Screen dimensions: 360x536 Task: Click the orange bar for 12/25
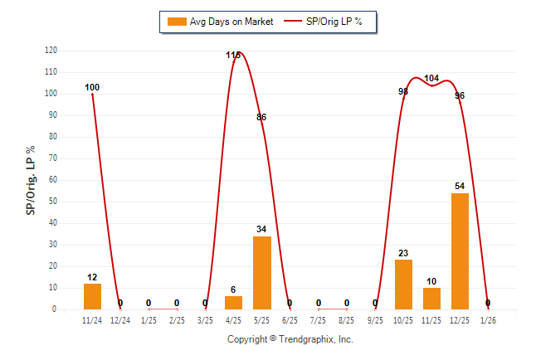[460, 251]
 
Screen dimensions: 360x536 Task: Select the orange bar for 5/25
[261, 273]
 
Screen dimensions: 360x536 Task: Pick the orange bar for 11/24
[92, 296]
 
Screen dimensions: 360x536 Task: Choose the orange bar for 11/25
[431, 299]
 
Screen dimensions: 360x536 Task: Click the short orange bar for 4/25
[233, 302]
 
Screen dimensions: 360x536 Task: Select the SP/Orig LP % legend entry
[324, 22]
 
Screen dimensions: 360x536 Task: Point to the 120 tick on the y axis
[51, 51]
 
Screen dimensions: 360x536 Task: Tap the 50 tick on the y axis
[52, 202]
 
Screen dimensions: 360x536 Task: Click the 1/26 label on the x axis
[488, 320]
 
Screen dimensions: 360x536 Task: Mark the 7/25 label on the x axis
[319, 320]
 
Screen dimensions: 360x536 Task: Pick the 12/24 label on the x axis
[120, 320]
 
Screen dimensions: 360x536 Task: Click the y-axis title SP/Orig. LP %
[31, 179]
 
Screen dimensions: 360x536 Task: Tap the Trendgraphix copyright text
[290, 340]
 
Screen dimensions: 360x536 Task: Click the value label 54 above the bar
[460, 186]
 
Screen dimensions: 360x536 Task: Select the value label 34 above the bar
[261, 229]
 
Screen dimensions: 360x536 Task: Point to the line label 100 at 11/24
[92, 87]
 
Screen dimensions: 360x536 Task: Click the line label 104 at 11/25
[431, 79]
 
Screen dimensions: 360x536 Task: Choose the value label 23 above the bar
[403, 253]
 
